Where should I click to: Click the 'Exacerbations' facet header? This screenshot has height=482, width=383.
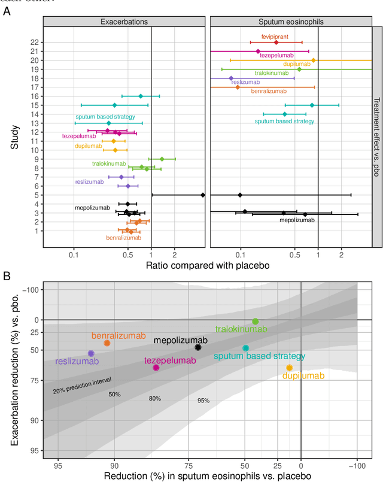(x=124, y=22)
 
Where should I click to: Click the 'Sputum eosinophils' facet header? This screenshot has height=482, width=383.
(x=291, y=22)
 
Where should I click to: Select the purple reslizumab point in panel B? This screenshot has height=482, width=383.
(x=91, y=354)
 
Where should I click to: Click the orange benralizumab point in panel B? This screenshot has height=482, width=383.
(x=107, y=343)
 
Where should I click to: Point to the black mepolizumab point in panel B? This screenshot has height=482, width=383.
(x=198, y=347)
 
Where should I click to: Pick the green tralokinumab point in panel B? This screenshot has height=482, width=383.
(x=255, y=322)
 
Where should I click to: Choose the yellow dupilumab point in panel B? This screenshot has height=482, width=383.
(x=289, y=368)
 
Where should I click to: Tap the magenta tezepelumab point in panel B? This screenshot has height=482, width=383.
(x=156, y=368)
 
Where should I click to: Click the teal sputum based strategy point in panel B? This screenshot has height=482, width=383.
(x=245, y=348)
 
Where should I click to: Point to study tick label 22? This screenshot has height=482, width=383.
(x=35, y=43)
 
